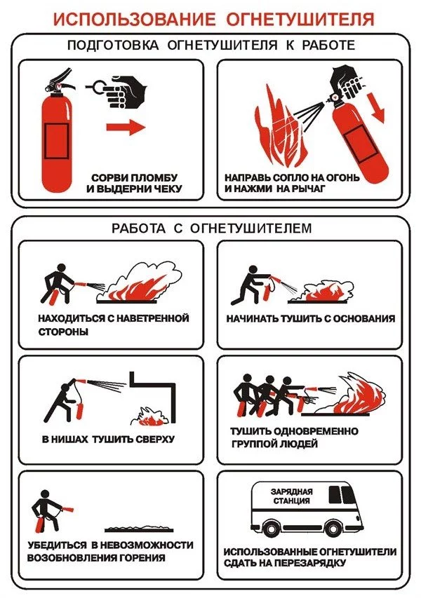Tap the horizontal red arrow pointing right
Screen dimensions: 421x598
(126, 127)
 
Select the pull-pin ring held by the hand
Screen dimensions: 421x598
(98, 88)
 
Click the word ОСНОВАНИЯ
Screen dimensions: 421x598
(364, 318)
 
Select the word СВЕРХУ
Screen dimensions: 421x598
(154, 439)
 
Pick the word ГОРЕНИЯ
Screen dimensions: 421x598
(142, 557)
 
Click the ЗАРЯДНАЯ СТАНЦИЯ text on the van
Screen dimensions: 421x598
(292, 496)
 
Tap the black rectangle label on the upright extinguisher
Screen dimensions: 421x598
(57, 140)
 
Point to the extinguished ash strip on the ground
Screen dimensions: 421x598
(139, 529)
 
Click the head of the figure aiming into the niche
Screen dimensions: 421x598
(65, 388)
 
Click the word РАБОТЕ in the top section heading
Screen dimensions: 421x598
(328, 46)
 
